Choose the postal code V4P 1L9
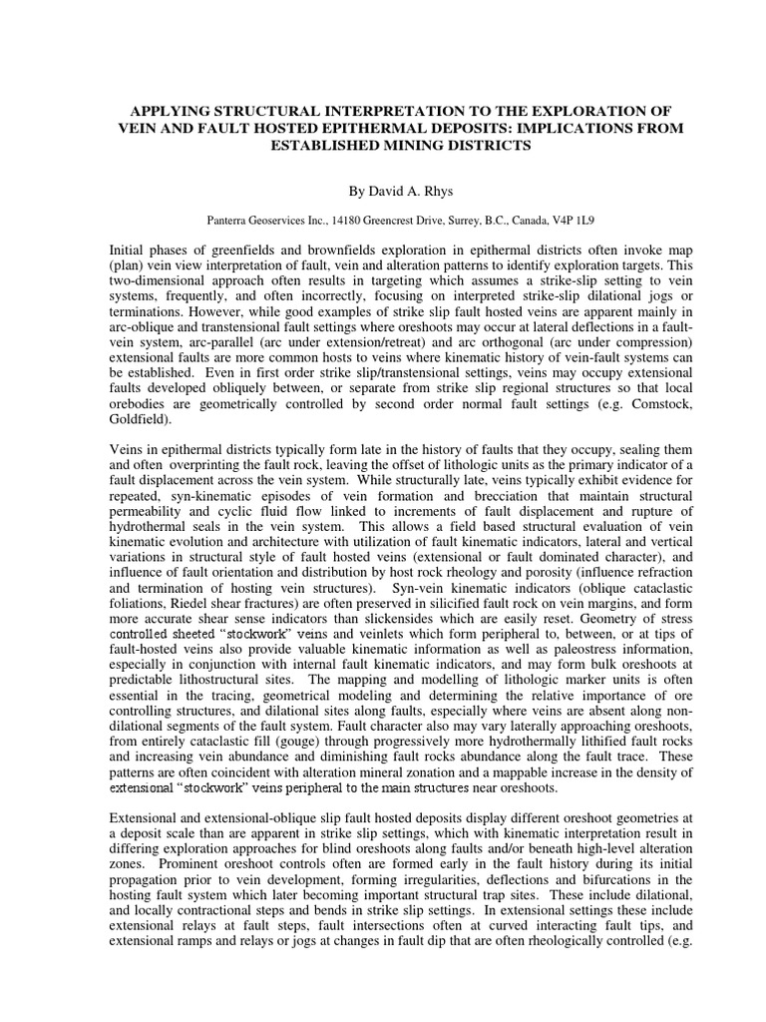585,216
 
